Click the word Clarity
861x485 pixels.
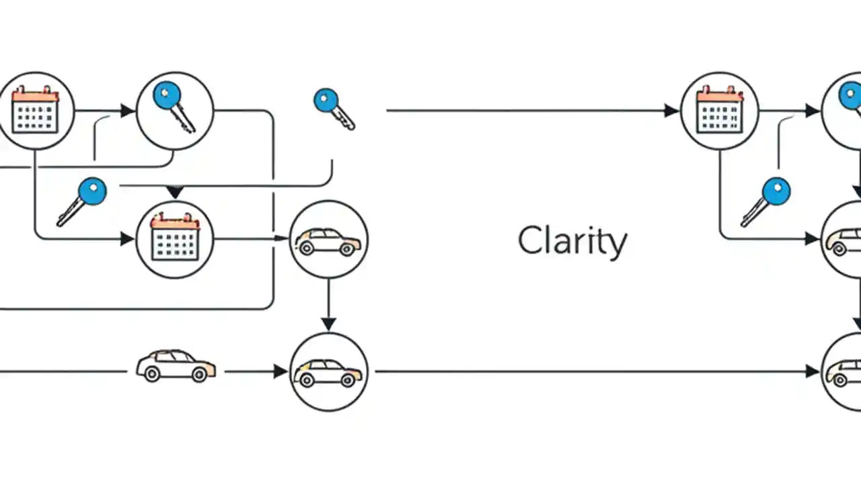pyautogui.click(x=572, y=240)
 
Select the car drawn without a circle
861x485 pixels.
pyautogui.click(x=176, y=366)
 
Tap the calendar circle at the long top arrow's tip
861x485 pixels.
pyautogui.click(x=720, y=110)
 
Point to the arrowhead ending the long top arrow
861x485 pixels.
pyautogui.click(x=671, y=110)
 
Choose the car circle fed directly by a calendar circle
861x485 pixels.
pyautogui.click(x=328, y=239)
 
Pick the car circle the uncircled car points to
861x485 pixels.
pyautogui.click(x=328, y=371)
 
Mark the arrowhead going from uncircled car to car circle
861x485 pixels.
pyautogui.click(x=280, y=371)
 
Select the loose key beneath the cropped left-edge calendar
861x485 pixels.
pyautogui.click(x=82, y=201)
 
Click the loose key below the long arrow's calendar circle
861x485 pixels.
pyautogui.click(x=766, y=201)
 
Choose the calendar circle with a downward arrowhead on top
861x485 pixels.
pyautogui.click(x=175, y=239)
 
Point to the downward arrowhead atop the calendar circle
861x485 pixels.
pyautogui.click(x=175, y=193)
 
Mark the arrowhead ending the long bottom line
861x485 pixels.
pyautogui.click(x=813, y=371)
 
